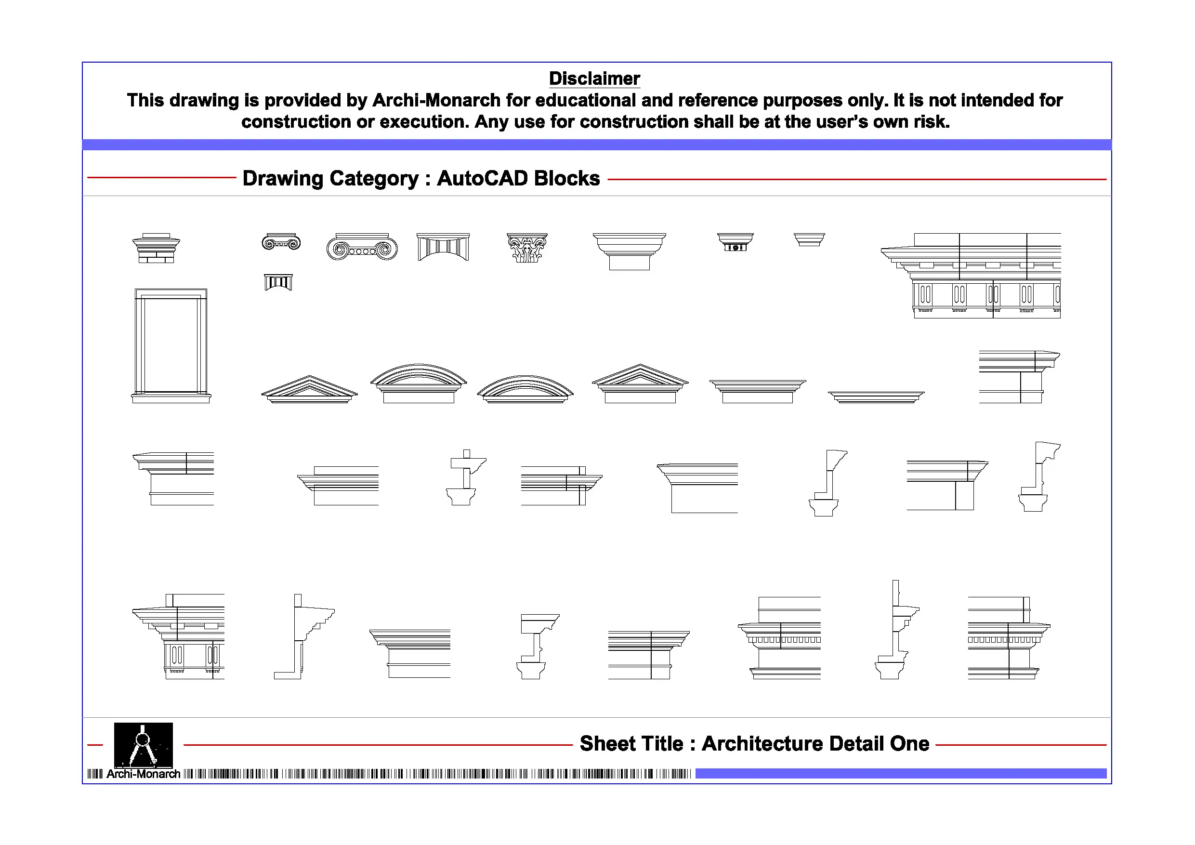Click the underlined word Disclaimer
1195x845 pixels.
point(594,79)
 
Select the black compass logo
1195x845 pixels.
point(143,744)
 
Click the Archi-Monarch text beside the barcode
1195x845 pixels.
point(143,774)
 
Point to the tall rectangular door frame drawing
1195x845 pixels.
point(171,345)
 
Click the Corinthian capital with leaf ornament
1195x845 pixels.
point(527,247)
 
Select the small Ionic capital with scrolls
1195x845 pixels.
point(281,242)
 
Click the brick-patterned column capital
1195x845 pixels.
point(156,249)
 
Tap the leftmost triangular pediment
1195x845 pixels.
point(309,390)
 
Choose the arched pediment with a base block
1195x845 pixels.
point(419,383)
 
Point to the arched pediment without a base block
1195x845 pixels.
point(525,389)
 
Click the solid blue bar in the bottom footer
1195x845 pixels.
point(900,774)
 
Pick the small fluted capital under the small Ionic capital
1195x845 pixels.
point(278,282)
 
